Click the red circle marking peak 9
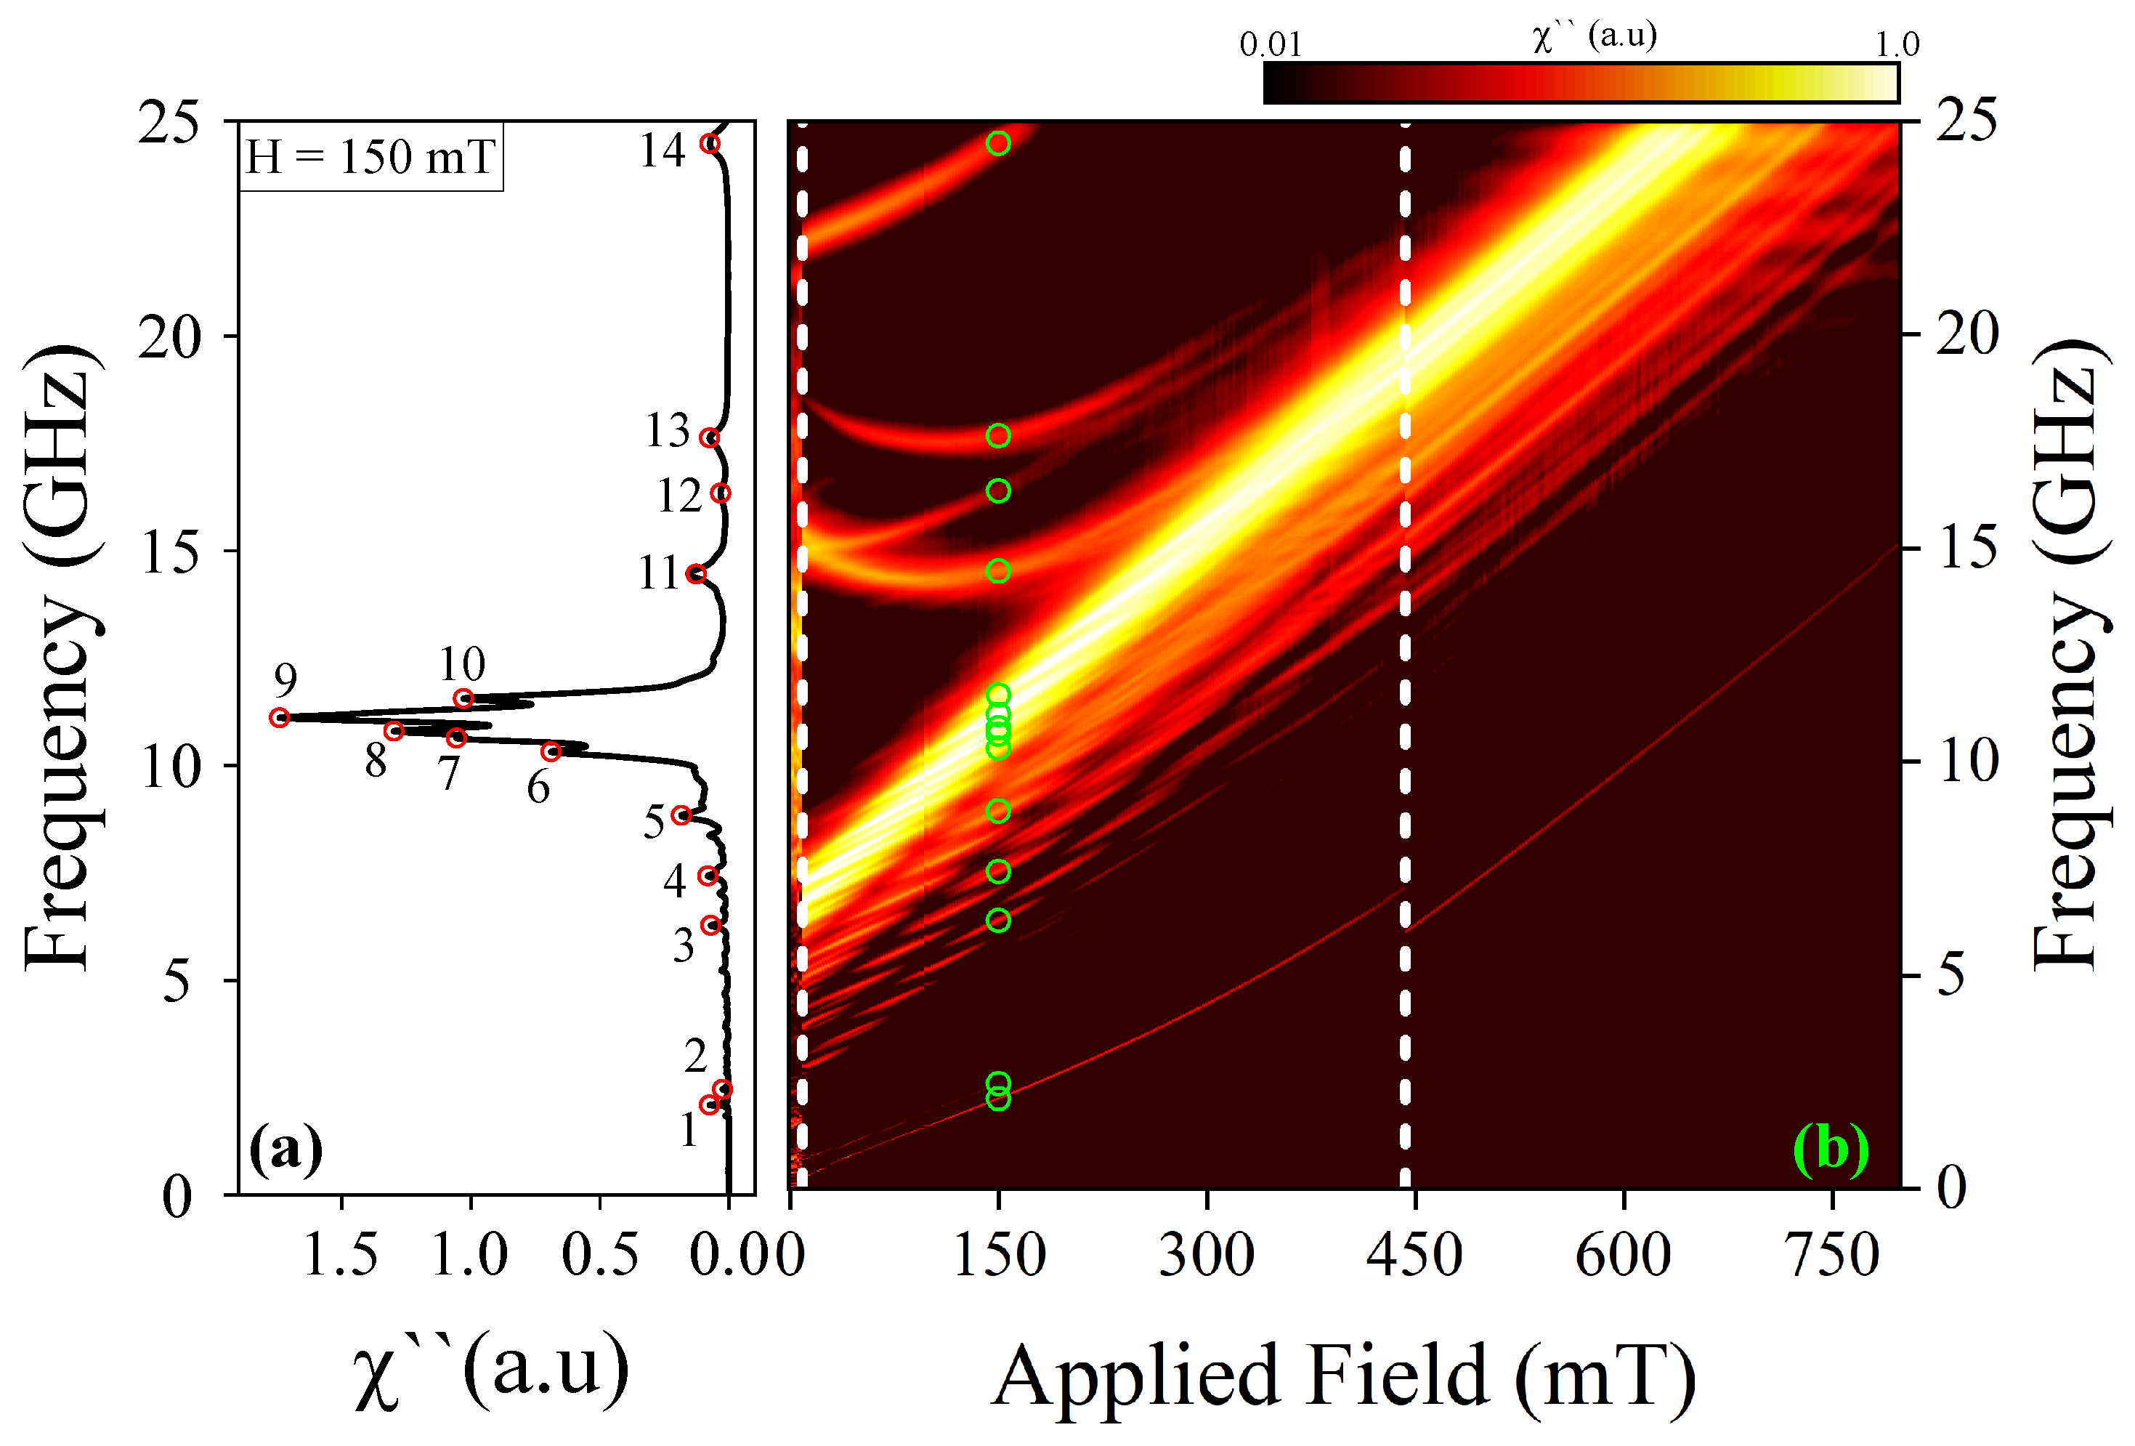279,717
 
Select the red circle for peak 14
709,143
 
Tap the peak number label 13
667,430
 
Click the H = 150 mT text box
370,156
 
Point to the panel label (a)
285,1147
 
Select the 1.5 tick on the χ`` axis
341,1255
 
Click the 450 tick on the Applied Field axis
1414,1255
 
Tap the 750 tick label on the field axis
1834,1255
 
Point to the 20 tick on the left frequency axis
169,337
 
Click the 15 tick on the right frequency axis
1968,549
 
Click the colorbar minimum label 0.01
1271,44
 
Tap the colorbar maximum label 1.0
1897,44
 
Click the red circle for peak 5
681,815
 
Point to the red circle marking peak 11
697,573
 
